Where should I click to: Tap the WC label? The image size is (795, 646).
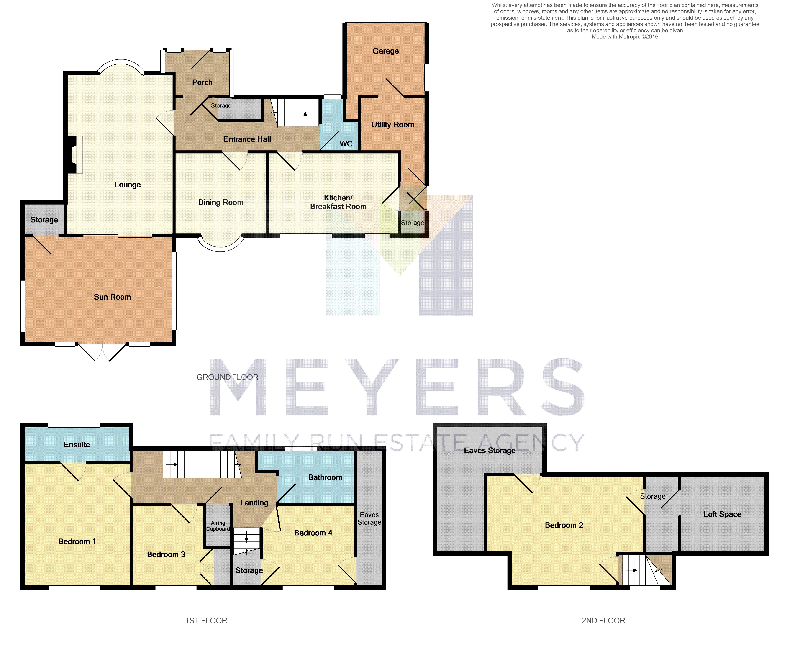[x=346, y=144]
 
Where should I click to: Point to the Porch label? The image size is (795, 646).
[x=202, y=82]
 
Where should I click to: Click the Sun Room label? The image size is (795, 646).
[x=112, y=297]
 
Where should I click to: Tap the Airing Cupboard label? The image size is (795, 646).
[x=218, y=526]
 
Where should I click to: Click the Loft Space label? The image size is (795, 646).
[x=722, y=514]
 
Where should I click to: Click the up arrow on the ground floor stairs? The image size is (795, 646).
[x=305, y=117]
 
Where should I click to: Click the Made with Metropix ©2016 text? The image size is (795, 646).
[x=625, y=36]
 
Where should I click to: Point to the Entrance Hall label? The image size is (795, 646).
[x=247, y=139]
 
